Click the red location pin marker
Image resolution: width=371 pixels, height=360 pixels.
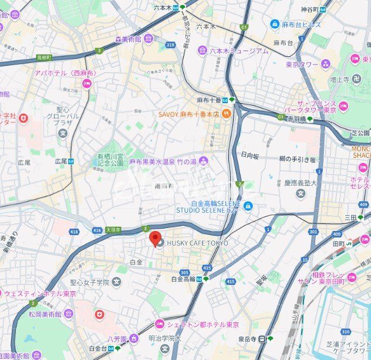[155, 239]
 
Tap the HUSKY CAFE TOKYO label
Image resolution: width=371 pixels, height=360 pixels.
[197, 243]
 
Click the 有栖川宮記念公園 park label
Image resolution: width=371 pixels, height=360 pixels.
[110, 161]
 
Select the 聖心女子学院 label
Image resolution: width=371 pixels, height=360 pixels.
[88, 283]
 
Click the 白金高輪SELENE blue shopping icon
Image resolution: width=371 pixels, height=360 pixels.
[248, 206]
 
